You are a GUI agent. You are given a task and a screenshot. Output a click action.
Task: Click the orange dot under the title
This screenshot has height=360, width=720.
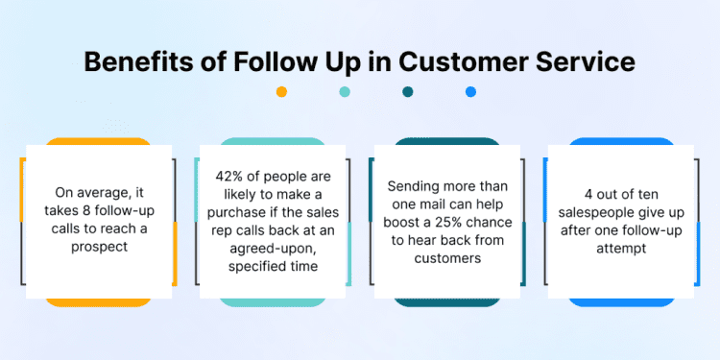[281, 92]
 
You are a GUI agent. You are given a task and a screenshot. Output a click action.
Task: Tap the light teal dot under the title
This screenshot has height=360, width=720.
[345, 92]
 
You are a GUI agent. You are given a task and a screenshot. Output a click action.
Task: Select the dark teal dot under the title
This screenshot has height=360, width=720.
[408, 92]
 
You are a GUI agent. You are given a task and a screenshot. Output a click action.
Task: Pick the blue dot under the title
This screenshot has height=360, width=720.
[470, 92]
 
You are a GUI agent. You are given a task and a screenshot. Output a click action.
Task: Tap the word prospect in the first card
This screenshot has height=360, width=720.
[99, 250]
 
